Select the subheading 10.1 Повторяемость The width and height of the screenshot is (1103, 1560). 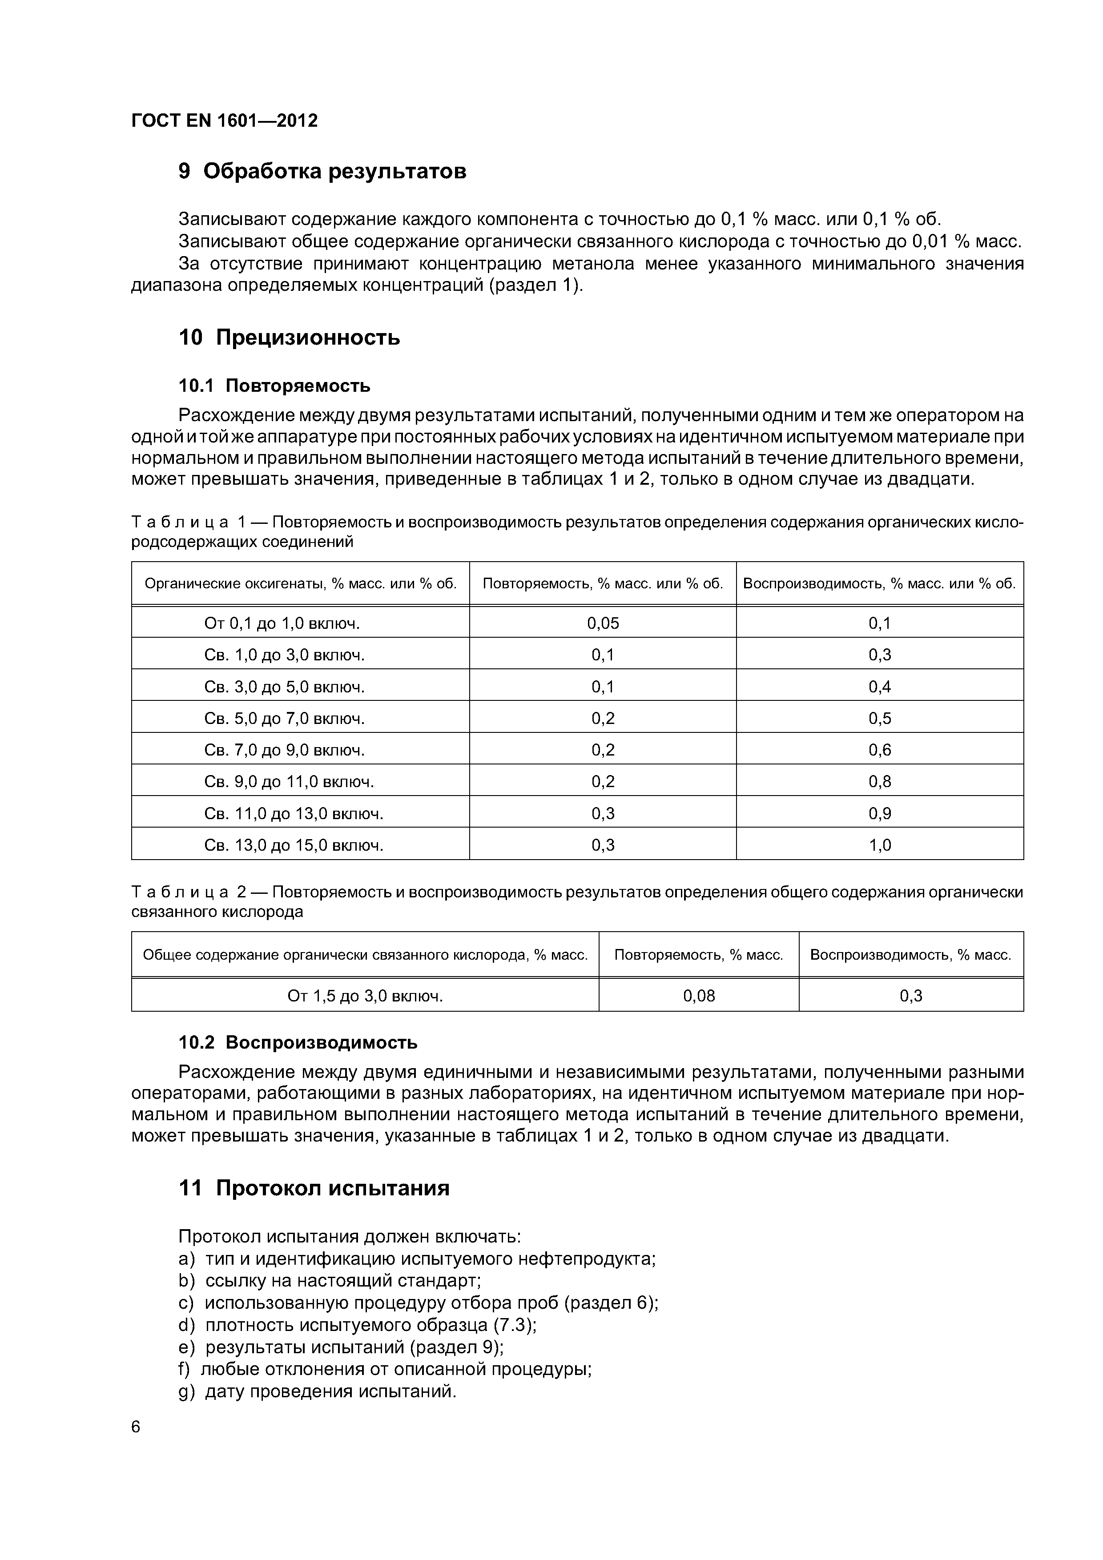tap(274, 386)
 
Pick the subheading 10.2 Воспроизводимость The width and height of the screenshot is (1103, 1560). tap(298, 1042)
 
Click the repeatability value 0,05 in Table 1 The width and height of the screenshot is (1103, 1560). tap(603, 623)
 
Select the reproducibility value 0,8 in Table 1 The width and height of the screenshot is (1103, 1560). tap(879, 781)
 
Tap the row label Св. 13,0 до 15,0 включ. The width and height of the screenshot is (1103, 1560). tap(294, 845)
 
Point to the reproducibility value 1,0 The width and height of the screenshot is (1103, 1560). tap(879, 845)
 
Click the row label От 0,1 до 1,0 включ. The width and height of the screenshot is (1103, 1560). tap(282, 623)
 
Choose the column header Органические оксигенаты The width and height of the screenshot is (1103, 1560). tap(300, 583)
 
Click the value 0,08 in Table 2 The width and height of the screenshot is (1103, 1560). tap(699, 996)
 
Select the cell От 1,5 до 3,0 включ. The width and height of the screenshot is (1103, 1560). tap(365, 996)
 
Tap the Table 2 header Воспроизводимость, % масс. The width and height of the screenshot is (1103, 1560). tap(911, 955)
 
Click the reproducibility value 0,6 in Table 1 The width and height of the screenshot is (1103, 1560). tap(879, 750)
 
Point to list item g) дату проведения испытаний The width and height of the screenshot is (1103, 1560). tap(318, 1391)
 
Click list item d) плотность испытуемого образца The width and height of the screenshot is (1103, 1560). tap(358, 1325)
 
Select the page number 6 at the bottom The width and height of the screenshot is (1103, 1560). tap(136, 1427)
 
